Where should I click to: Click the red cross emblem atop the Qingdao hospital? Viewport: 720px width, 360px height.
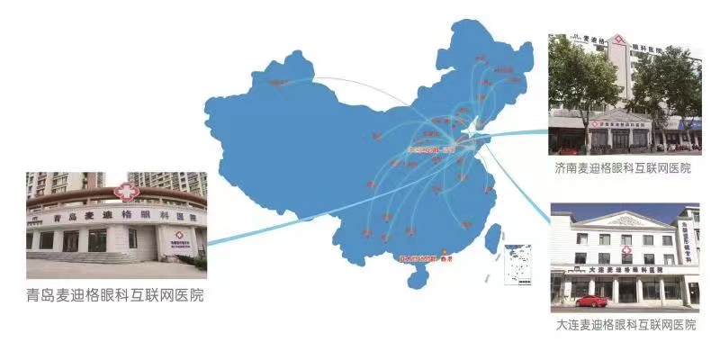click(126, 192)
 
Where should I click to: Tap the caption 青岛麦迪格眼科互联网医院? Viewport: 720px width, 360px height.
click(115, 294)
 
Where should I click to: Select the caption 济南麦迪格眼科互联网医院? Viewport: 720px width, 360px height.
click(624, 168)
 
